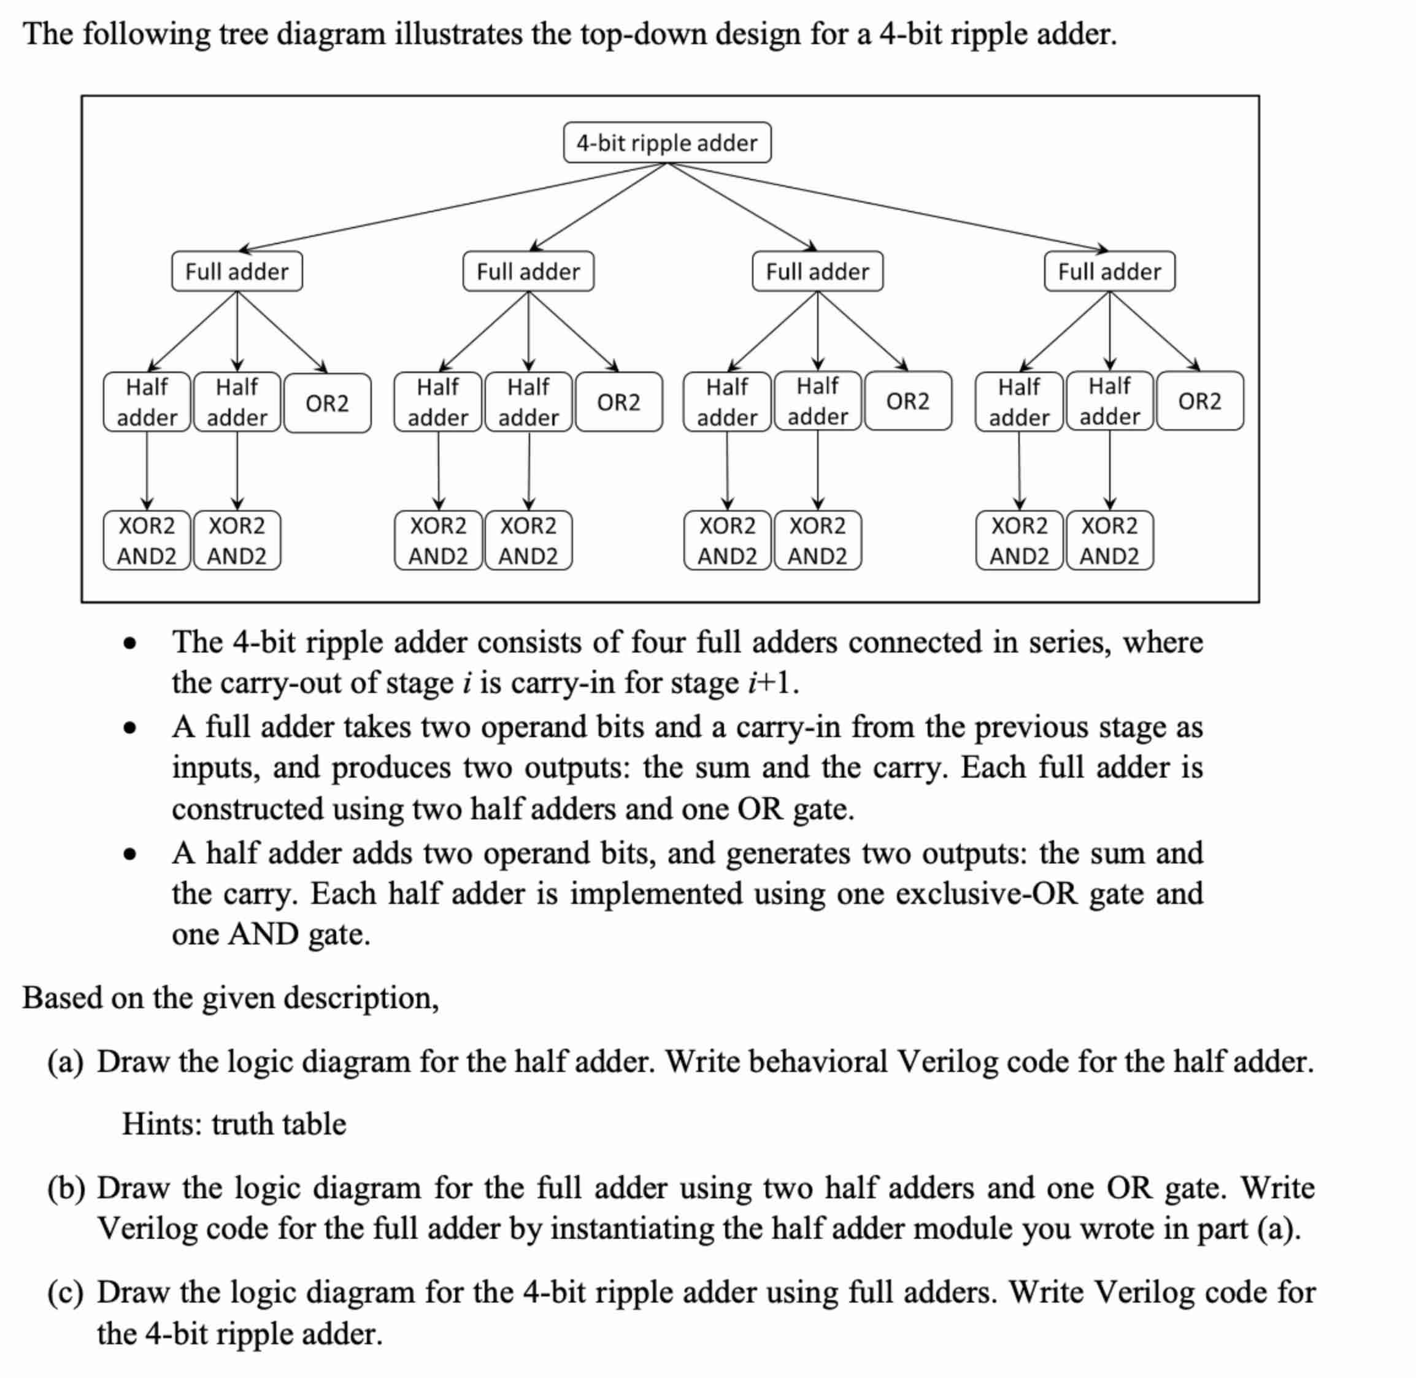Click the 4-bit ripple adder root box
666,142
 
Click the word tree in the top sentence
244,34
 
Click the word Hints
161,1124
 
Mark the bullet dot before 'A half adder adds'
129,855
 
